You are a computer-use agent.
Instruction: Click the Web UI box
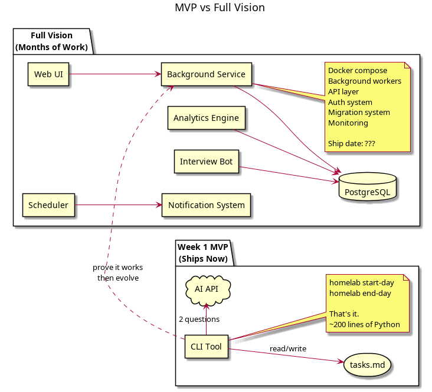pos(48,74)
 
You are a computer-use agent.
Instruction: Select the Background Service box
pos(207,74)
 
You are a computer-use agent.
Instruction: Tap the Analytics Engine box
pos(206,118)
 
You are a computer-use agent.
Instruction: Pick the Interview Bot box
pos(206,162)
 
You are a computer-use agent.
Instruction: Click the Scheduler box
pos(48,205)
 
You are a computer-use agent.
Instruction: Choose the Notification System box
pos(206,205)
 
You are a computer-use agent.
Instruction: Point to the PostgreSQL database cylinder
pos(367,187)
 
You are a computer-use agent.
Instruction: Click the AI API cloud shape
pos(206,289)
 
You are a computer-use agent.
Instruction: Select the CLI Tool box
pos(206,347)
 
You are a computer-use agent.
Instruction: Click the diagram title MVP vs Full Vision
pos(220,8)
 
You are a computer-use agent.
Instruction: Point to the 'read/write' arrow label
pos(287,349)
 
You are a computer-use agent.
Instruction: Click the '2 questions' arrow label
pos(199,319)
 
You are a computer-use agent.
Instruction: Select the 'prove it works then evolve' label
pos(117,272)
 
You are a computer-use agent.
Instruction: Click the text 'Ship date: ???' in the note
pos(352,144)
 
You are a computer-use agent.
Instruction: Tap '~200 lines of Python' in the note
pos(364,324)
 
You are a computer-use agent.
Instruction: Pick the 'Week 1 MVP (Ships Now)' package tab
pos(202,252)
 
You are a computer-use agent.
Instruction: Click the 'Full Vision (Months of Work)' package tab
pos(51,41)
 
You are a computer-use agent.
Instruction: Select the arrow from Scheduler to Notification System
pos(118,205)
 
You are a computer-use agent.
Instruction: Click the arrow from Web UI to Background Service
pos(115,74)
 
